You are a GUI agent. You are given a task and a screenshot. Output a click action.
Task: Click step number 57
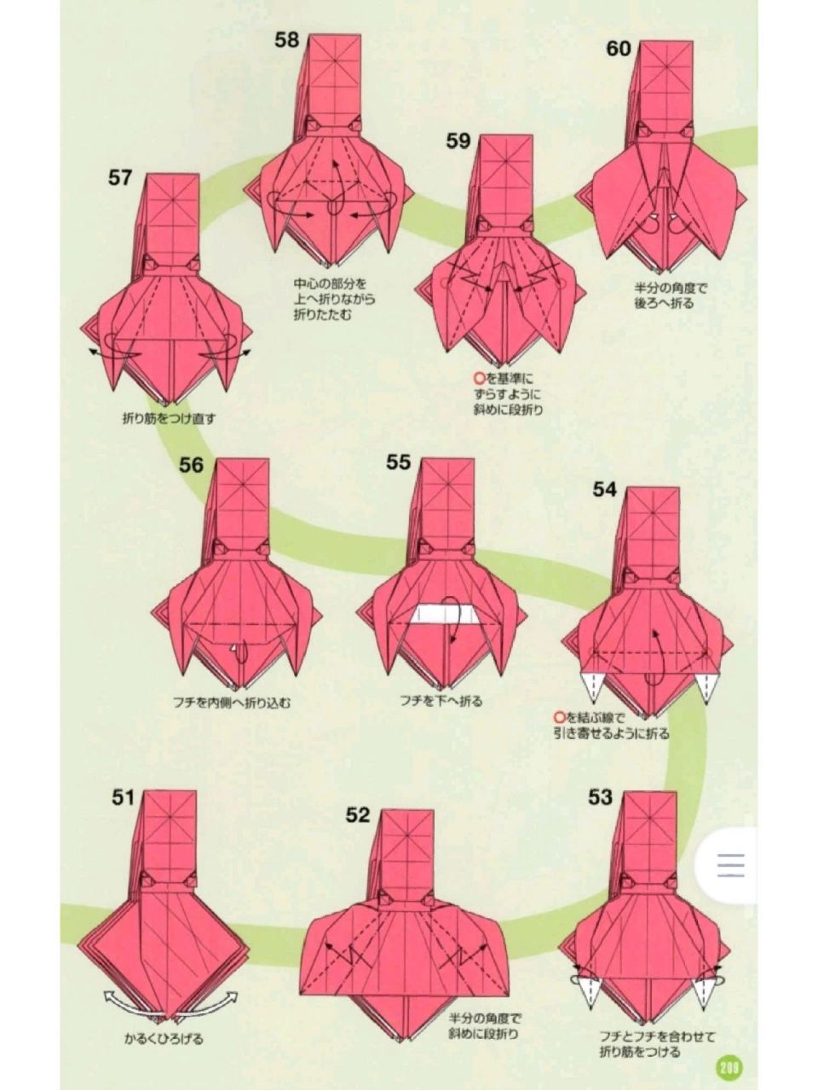pos(119,177)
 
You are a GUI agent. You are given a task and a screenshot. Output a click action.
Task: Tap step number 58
pos(287,40)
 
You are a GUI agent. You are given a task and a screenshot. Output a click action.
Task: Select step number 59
pos(458,141)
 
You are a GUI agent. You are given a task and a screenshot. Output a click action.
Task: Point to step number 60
pos(619,49)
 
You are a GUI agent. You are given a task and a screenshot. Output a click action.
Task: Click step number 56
pos(191,465)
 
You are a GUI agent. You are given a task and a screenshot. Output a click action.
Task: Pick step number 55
pos(398,462)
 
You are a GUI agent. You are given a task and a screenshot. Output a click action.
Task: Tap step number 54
pos(604,489)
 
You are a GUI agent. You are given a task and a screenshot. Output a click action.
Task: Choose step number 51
pos(123,811)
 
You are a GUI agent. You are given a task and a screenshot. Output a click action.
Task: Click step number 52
pos(358,829)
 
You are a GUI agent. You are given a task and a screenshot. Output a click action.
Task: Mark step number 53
pos(600,811)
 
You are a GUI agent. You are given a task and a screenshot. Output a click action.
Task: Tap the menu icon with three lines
pos(730,865)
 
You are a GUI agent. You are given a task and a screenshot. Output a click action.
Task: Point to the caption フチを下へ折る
pos(441,701)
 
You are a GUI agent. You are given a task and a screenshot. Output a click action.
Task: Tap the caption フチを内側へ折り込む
pos(231,703)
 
